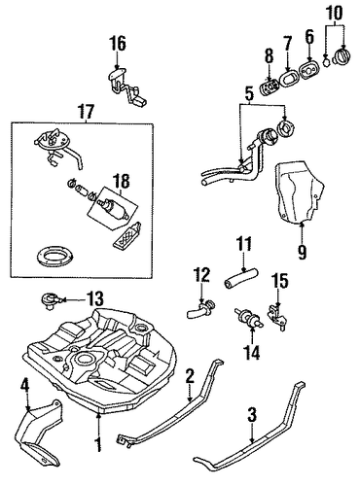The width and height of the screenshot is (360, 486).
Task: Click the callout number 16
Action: click(x=117, y=45)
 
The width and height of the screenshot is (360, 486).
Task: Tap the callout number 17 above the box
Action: click(x=86, y=111)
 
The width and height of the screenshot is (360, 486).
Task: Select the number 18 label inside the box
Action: click(x=121, y=182)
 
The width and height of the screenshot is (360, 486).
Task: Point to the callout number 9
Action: click(x=302, y=252)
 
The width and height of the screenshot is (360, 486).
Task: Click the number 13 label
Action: click(x=94, y=298)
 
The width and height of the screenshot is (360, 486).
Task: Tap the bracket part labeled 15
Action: click(x=277, y=317)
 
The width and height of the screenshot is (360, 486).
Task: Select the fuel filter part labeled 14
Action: click(x=249, y=318)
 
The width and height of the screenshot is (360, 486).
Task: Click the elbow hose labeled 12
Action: click(x=200, y=309)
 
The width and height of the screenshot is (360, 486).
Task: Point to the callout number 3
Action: click(x=252, y=415)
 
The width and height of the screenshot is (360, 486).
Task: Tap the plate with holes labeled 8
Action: click(x=270, y=87)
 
